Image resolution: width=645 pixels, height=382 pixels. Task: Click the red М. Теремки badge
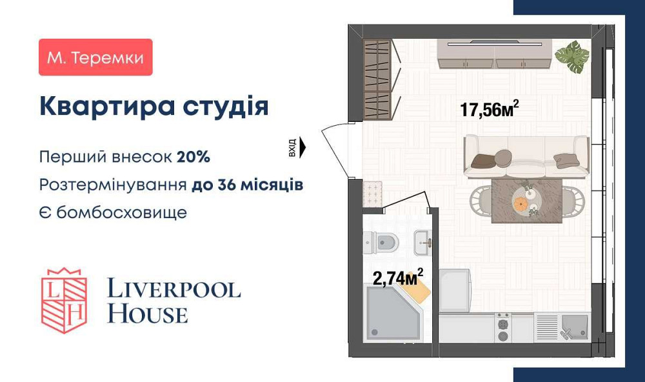pos(95,57)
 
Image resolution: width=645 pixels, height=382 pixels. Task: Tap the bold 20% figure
pos(193,157)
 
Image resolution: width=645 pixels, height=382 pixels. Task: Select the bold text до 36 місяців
pos(247,185)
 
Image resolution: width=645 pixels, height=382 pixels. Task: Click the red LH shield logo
pos(64,299)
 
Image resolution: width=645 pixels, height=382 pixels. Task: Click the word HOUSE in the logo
pos(147,314)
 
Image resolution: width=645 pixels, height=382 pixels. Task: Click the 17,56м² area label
pos(490,109)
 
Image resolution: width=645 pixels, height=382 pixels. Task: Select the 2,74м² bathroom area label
pos(398,277)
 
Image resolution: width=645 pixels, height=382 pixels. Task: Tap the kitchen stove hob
pos(502,327)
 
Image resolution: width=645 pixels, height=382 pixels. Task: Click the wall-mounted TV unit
pos(495,53)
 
